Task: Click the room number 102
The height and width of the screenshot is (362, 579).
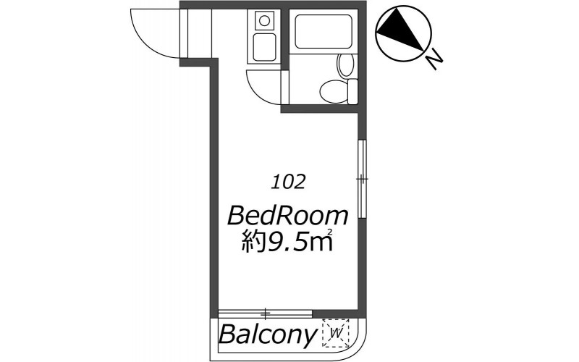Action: point(288,182)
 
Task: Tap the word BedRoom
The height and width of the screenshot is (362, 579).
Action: point(287,216)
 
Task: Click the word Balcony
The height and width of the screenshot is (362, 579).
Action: point(267,334)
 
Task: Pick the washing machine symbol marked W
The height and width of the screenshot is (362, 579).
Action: point(336,333)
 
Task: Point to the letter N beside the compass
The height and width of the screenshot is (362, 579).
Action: point(434,61)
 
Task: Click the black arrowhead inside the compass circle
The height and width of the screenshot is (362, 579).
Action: point(401,29)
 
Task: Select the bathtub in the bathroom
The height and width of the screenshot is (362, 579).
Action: point(324,31)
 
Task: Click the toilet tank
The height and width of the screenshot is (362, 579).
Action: point(353,91)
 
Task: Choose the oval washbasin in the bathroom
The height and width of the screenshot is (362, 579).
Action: point(346,65)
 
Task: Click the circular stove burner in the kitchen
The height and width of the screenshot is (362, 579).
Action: point(264,20)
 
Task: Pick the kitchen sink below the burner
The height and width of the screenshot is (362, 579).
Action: point(264,47)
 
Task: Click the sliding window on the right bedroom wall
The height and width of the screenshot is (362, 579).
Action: point(363,179)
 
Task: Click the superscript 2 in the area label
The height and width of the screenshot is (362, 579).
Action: point(329,232)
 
